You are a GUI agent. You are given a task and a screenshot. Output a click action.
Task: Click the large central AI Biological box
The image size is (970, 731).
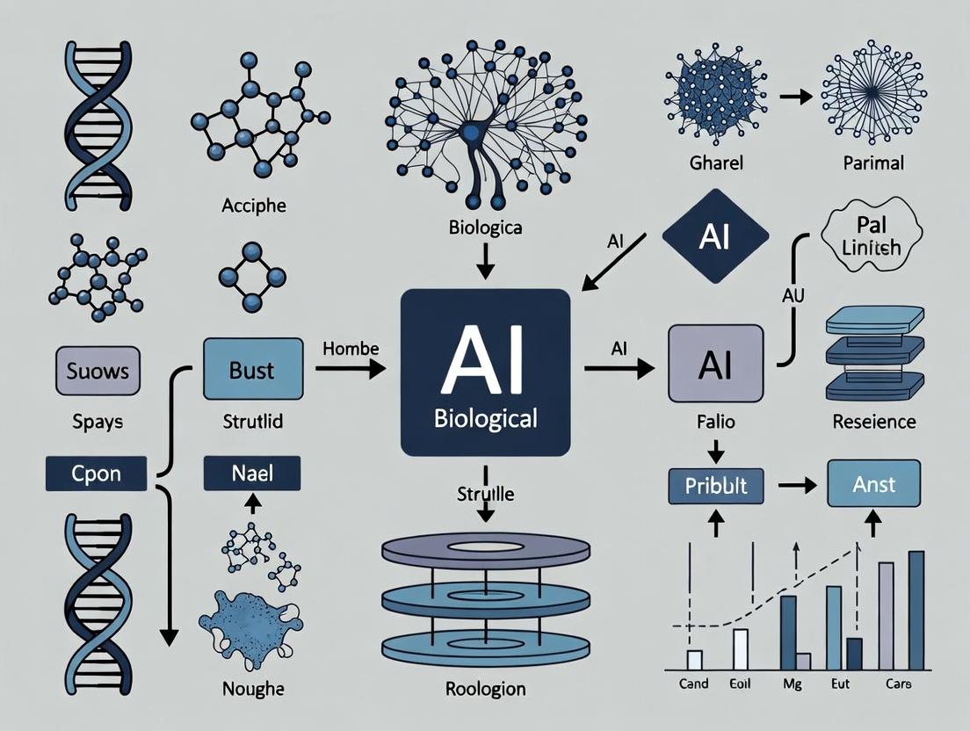(x=485, y=371)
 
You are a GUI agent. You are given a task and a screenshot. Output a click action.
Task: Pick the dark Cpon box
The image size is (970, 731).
(x=97, y=474)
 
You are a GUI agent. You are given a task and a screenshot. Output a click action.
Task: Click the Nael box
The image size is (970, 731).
(x=252, y=474)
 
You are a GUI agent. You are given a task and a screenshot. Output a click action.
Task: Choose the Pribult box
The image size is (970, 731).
(x=716, y=484)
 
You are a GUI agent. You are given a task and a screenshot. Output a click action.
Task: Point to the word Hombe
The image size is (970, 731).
(x=351, y=348)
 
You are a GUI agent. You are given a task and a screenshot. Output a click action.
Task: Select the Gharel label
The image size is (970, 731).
(x=716, y=163)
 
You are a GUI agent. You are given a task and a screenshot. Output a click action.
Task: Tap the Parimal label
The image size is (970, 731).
(x=872, y=163)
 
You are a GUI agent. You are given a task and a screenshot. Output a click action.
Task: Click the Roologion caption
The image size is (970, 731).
(x=484, y=689)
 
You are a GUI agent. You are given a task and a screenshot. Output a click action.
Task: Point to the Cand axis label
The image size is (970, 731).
(x=694, y=684)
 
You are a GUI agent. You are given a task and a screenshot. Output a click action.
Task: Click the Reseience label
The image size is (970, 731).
(x=874, y=422)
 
